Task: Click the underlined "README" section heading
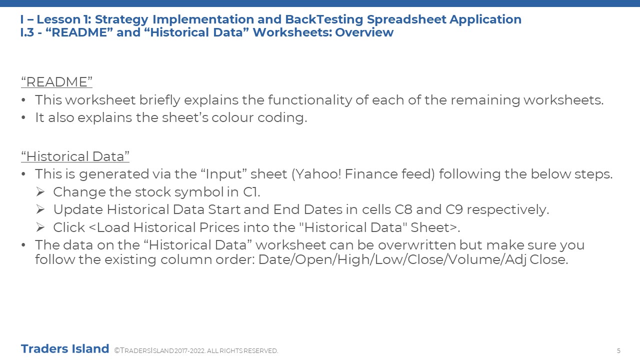click(56, 82)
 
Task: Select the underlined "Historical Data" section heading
click(75, 156)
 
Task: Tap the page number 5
click(618, 351)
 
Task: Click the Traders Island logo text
click(65, 349)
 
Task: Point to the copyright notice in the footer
click(196, 350)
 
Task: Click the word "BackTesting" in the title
click(324, 19)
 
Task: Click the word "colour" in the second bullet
click(232, 117)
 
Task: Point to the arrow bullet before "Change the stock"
click(40, 192)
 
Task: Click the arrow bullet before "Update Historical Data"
click(40, 209)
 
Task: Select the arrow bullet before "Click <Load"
click(40, 227)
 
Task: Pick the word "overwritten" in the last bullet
click(416, 245)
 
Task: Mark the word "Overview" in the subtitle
click(364, 32)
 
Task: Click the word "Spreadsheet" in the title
click(406, 19)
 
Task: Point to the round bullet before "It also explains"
click(23, 117)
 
